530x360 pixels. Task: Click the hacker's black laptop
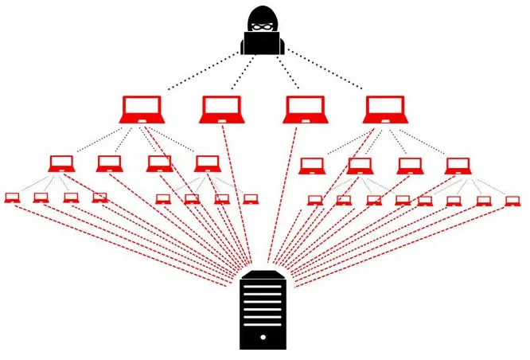click(x=262, y=45)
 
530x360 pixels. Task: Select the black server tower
click(x=262, y=310)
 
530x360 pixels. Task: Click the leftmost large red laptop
click(x=142, y=110)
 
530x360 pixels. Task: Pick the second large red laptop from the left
click(x=220, y=110)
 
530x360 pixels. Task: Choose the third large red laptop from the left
click(x=304, y=110)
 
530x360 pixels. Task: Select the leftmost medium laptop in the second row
click(x=62, y=164)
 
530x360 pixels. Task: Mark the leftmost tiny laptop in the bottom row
click(x=12, y=198)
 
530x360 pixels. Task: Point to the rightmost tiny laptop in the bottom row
click(x=512, y=201)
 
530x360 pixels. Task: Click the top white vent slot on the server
click(x=262, y=284)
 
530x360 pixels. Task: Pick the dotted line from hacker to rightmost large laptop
click(x=327, y=72)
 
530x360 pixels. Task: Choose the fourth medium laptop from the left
click(x=206, y=164)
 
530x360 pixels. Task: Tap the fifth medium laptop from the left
click(x=312, y=166)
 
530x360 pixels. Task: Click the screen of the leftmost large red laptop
click(x=142, y=107)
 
